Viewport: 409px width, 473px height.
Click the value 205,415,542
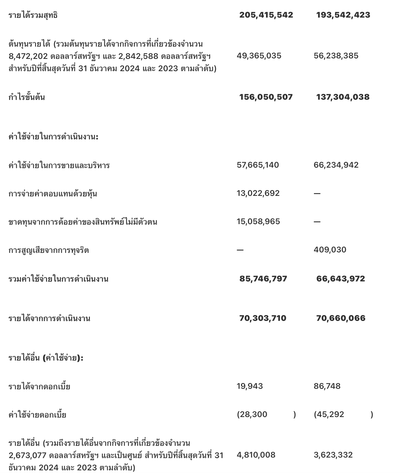[266, 15]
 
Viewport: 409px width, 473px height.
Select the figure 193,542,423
[343, 15]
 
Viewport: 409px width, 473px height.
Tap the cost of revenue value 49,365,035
[259, 56]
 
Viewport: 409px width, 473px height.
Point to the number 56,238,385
[336, 56]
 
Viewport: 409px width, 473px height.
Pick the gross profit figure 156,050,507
[266, 97]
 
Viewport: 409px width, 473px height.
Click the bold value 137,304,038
[343, 97]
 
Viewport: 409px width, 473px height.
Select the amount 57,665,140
[258, 165]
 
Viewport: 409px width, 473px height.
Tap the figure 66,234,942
[336, 165]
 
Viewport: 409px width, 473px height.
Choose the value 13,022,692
[258, 193]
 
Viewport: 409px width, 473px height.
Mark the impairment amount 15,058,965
[258, 221]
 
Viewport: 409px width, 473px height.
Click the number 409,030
[330, 250]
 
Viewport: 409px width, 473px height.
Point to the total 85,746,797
[263, 279]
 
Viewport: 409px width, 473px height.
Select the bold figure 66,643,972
[341, 279]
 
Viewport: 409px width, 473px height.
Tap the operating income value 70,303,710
[263, 318]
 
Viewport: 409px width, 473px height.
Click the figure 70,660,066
[341, 318]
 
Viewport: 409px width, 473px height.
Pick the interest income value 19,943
[250, 386]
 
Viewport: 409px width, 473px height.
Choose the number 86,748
[327, 386]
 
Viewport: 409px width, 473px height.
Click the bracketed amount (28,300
[252, 414]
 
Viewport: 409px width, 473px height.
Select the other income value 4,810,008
[256, 455]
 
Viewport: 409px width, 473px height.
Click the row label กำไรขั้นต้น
[27, 97]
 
